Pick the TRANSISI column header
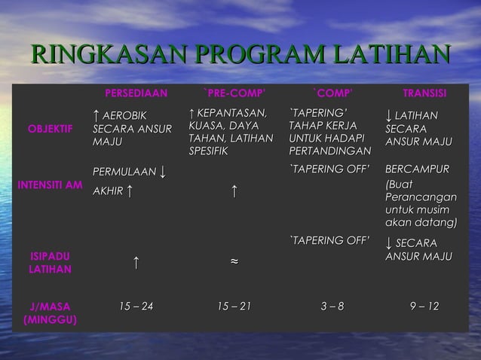click(424, 93)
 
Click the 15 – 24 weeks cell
click(136, 306)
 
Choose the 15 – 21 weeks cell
click(234, 306)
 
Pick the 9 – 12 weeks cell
click(423, 306)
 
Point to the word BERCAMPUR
click(417, 169)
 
